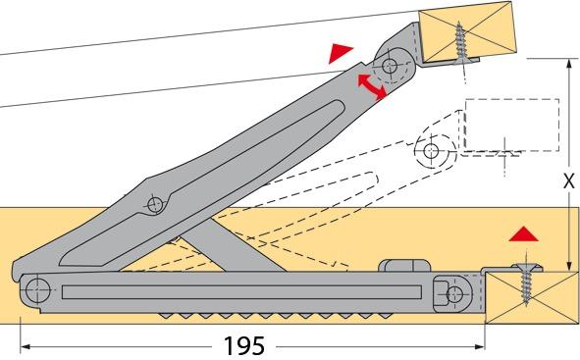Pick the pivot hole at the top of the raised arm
[x=391, y=67]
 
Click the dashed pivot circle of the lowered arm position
[x=429, y=151]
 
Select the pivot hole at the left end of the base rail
[x=37, y=288]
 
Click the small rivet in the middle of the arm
[x=153, y=204]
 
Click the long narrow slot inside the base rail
[x=245, y=291]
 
